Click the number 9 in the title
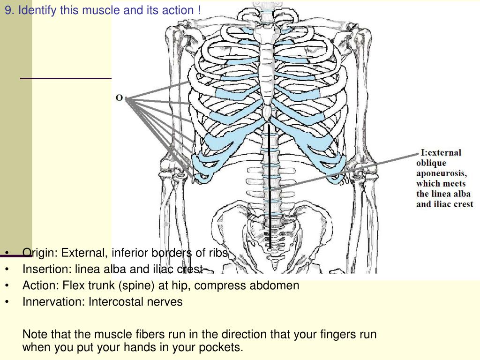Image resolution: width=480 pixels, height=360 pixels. [x=8, y=10]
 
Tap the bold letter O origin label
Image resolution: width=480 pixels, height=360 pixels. [x=120, y=98]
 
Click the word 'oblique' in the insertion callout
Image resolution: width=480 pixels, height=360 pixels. [x=430, y=163]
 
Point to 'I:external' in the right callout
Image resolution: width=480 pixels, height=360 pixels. [x=441, y=152]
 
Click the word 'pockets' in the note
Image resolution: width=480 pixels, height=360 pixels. [x=224, y=347]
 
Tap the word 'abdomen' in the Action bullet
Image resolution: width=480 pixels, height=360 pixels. [x=277, y=285]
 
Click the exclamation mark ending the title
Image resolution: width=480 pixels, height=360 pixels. [x=199, y=10]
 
